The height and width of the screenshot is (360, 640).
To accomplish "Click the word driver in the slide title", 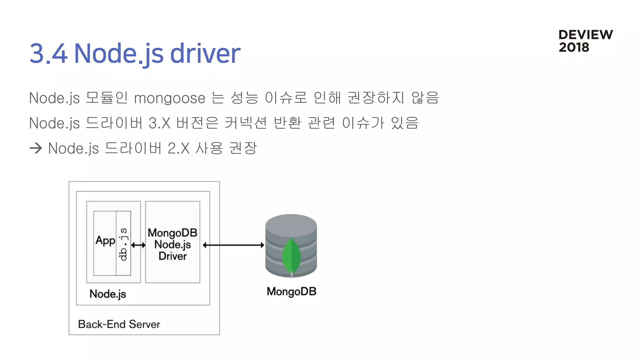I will click(x=205, y=53).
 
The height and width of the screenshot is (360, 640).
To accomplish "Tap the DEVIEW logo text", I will click(x=585, y=35).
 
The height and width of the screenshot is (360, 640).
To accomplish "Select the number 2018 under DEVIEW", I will click(x=574, y=47).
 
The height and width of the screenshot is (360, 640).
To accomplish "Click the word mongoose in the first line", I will click(x=169, y=98).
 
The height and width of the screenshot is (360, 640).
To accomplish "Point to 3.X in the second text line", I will click(x=159, y=123).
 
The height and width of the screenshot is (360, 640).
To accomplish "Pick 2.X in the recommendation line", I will click(x=178, y=148).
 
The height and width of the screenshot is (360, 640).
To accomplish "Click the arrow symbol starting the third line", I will click(x=36, y=148).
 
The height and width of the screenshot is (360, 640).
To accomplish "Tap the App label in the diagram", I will click(x=105, y=241).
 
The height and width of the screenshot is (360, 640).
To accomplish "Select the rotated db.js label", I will click(x=123, y=244).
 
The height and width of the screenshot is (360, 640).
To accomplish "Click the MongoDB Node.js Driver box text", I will click(x=172, y=244).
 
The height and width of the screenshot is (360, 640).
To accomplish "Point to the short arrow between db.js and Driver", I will click(x=138, y=245).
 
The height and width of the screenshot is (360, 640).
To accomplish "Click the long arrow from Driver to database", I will click(x=233, y=245).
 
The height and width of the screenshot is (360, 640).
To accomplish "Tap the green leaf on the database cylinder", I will click(x=291, y=256).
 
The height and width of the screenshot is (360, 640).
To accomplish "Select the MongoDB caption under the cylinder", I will click(x=291, y=292).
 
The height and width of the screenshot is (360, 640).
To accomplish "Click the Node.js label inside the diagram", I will click(x=107, y=294).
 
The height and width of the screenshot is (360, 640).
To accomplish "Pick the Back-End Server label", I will click(x=119, y=324).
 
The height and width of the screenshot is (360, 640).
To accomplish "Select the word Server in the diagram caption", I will click(x=144, y=324).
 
